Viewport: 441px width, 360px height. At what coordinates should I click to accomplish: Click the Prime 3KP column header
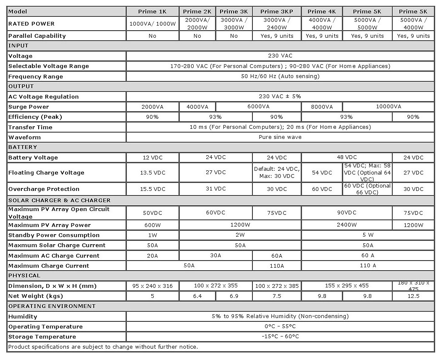(x=277, y=11)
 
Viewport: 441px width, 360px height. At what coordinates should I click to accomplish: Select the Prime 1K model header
(x=152, y=11)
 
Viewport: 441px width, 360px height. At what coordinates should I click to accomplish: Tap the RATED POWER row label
(x=31, y=23)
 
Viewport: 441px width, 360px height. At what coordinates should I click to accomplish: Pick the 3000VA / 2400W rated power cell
(x=277, y=23)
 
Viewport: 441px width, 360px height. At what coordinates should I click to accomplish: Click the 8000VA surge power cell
(x=322, y=107)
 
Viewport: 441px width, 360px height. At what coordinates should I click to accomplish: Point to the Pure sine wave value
(x=280, y=137)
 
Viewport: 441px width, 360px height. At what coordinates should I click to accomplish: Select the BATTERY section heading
(x=23, y=147)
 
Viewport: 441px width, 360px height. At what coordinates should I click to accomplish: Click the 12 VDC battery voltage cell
(x=152, y=157)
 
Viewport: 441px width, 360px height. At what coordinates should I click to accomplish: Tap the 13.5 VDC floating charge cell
(x=152, y=172)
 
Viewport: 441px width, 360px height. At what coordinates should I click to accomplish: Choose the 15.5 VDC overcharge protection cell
(x=152, y=189)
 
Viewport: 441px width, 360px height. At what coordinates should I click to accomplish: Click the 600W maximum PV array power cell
(x=152, y=225)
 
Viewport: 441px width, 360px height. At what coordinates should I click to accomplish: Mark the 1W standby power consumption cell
(x=152, y=235)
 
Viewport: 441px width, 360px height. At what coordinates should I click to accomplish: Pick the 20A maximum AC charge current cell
(x=152, y=256)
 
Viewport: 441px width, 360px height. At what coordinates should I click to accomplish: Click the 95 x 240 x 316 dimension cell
(x=152, y=286)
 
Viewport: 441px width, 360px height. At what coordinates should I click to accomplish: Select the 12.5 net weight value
(x=414, y=296)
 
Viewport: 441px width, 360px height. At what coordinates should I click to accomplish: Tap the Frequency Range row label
(x=36, y=77)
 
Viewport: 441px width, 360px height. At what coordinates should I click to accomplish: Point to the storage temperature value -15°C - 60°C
(x=280, y=337)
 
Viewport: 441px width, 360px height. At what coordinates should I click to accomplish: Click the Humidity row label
(x=23, y=316)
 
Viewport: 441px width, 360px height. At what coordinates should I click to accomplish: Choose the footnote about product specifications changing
(x=103, y=347)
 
